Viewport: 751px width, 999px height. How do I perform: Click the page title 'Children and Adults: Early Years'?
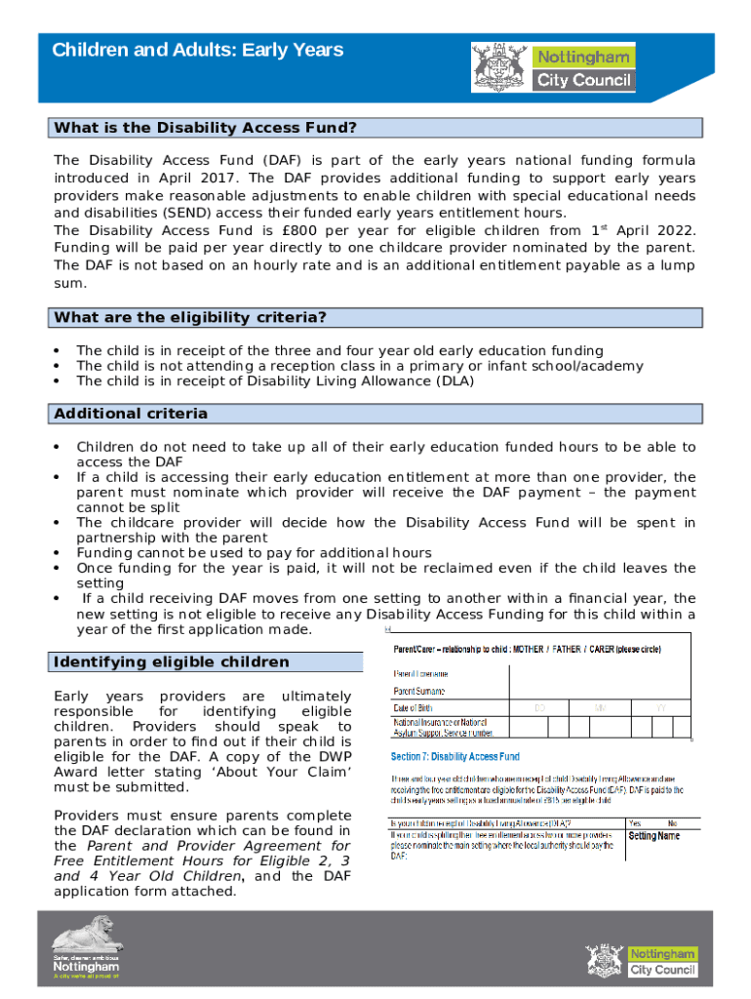pos(198,50)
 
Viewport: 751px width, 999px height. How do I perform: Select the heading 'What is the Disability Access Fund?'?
pos(206,128)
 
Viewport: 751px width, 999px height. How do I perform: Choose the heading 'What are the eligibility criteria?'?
pos(190,317)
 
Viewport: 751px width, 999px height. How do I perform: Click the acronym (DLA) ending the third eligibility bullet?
pos(455,381)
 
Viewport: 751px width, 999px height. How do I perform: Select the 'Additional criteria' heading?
pos(131,414)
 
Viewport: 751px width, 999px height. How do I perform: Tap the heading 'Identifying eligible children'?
pos(172,662)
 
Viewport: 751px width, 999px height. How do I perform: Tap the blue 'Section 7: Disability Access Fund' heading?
pos(455,756)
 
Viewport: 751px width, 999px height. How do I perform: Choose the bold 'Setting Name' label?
pos(654,836)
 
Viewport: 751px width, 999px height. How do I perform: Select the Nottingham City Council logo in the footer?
pos(641,960)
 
